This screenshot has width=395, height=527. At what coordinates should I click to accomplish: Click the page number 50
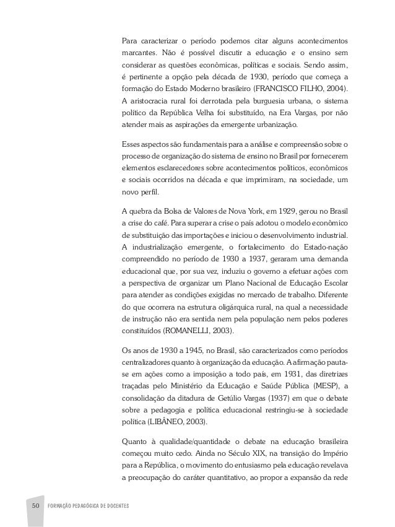click(x=35, y=505)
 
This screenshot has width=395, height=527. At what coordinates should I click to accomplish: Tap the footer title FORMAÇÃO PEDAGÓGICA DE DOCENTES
click(x=87, y=506)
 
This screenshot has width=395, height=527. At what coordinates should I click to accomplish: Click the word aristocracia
click(x=152, y=100)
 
